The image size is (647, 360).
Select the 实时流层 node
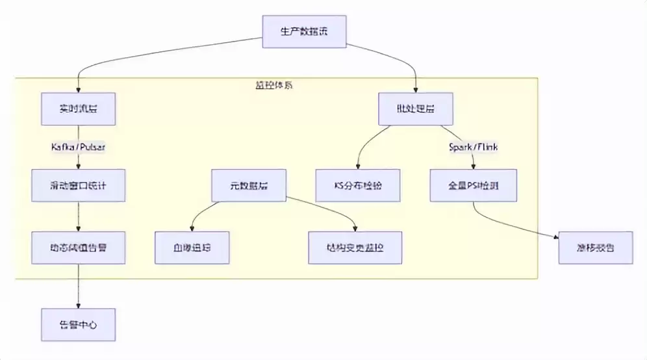click(x=78, y=109)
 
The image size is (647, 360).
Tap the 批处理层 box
click(x=416, y=109)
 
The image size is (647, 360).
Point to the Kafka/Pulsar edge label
click(x=78, y=147)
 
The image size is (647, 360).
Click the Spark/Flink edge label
click(x=474, y=147)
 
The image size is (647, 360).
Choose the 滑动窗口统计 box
click(x=78, y=186)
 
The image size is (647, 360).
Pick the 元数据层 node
click(x=249, y=186)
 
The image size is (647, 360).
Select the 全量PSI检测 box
click(x=474, y=186)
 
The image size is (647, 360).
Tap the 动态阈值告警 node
click(x=78, y=248)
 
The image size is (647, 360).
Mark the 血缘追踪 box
click(x=192, y=248)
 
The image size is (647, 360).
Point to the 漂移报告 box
click(x=596, y=248)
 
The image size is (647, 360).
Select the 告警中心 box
click(x=78, y=325)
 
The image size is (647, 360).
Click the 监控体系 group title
click(x=273, y=84)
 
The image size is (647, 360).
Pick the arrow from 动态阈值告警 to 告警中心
click(x=78, y=286)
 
